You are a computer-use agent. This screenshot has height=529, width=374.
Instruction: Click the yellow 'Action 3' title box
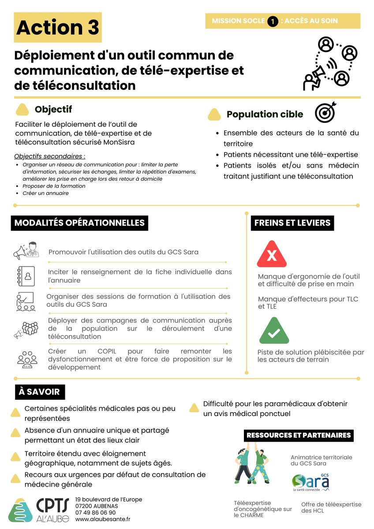[57, 27]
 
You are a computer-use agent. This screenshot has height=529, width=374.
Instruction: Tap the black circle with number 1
[273, 21]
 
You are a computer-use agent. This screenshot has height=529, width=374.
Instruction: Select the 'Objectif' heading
[53, 109]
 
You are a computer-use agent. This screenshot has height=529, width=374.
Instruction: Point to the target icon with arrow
[325, 112]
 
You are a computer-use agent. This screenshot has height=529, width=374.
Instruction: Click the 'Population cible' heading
[265, 115]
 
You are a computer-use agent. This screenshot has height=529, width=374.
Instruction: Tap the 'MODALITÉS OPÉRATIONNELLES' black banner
[79, 223]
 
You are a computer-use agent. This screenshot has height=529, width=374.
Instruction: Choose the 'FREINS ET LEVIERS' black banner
[292, 223]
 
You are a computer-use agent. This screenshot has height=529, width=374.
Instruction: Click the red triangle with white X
[272, 254]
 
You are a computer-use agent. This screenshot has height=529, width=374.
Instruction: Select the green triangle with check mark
[274, 332]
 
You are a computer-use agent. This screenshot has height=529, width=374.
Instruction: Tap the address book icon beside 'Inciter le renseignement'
[25, 276]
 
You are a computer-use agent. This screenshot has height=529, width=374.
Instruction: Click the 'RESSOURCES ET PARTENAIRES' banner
[299, 435]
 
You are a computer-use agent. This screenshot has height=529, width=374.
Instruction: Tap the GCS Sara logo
[310, 482]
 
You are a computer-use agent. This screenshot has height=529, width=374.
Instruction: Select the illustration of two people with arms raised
[250, 466]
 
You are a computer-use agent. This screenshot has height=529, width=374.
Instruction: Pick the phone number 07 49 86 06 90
[96, 513]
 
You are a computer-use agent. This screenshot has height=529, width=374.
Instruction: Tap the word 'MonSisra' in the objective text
[120, 142]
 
